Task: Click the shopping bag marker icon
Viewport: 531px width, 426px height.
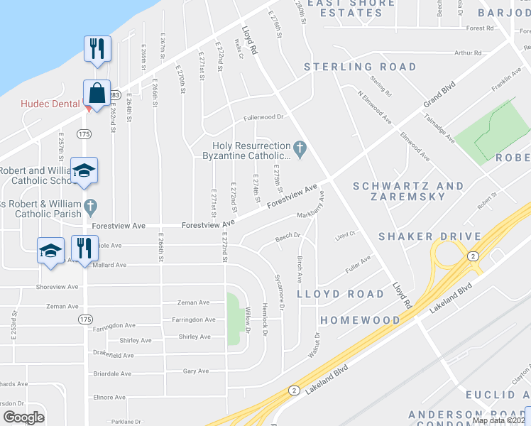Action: click(x=96, y=93)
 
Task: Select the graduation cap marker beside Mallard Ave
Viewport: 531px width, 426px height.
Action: click(x=51, y=250)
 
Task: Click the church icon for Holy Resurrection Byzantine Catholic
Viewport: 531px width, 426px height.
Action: click(x=300, y=148)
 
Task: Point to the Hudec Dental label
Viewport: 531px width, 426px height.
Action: click(x=50, y=104)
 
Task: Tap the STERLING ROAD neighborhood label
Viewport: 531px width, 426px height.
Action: click(x=360, y=67)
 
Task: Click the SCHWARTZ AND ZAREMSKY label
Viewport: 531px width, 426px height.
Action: click(x=408, y=192)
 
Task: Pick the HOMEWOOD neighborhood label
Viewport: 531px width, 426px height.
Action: click(x=360, y=320)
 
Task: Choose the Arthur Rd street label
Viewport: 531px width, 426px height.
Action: click(x=468, y=53)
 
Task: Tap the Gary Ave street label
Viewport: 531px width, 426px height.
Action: click(x=196, y=371)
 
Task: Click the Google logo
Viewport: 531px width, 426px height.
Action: click(x=23, y=417)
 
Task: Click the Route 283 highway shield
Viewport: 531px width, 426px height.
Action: click(x=116, y=94)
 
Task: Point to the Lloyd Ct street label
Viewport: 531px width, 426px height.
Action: click(x=344, y=233)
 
